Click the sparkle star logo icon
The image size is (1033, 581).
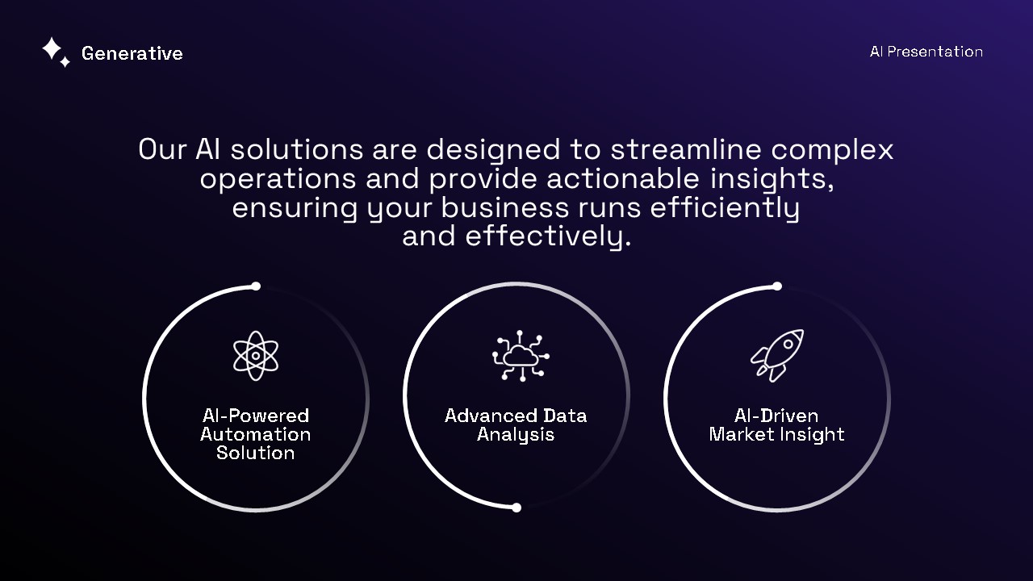pyautogui.click(x=55, y=52)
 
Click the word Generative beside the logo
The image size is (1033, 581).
pyautogui.click(x=132, y=53)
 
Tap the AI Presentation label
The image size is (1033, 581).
pyautogui.click(x=926, y=52)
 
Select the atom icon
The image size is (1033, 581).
pyautogui.click(x=256, y=355)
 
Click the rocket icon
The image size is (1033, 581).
pyautogui.click(x=777, y=355)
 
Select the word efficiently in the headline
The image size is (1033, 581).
pyautogui.click(x=724, y=207)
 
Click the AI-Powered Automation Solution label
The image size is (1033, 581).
pyautogui.click(x=256, y=434)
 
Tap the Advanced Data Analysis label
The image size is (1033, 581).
pyautogui.click(x=516, y=424)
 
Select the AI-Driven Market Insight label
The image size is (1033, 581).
pyautogui.click(x=776, y=424)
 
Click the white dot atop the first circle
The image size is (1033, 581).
pyautogui.click(x=256, y=286)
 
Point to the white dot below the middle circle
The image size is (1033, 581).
pyautogui.click(x=516, y=508)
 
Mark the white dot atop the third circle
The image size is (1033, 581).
pyautogui.click(x=777, y=286)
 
